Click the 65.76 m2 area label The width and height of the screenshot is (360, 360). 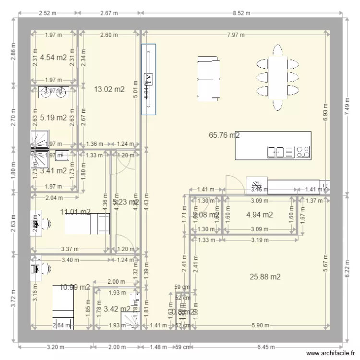tap(224, 135)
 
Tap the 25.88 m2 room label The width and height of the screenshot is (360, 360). tap(265, 276)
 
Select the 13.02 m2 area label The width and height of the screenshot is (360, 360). tap(109, 89)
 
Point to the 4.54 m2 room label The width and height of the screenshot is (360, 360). tap(53, 58)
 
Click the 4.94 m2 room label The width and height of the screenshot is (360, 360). tap(259, 215)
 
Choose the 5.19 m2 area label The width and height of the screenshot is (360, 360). tap(53, 117)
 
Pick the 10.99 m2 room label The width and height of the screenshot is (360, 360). tap(75, 287)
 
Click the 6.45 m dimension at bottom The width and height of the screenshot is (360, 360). tap(266, 347)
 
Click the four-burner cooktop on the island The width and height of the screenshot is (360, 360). tap(303, 152)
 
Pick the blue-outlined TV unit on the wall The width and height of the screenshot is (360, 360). tap(148, 79)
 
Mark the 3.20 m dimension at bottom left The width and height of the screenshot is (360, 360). tap(56, 347)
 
